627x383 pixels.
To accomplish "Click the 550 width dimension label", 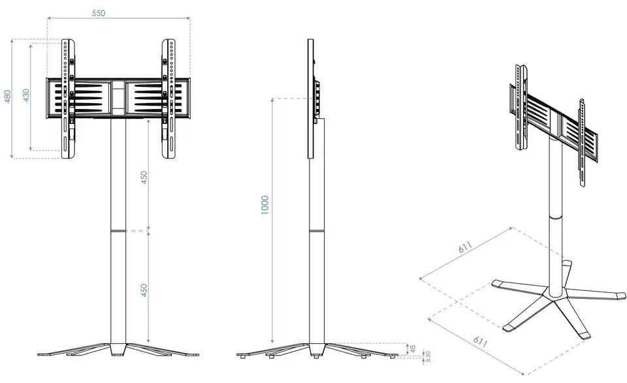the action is tap(99, 13).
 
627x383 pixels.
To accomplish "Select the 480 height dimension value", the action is tap(8, 97).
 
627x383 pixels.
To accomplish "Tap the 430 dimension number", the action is tap(26, 95).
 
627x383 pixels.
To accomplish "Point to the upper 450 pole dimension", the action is tap(144, 177).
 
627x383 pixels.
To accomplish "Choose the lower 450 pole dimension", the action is tap(144, 290).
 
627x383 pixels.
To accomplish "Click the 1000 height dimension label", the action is tap(265, 206).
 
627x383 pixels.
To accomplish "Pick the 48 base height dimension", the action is tap(413, 349).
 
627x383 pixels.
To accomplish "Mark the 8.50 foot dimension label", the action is tap(428, 357).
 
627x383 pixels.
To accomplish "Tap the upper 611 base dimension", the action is tap(466, 247).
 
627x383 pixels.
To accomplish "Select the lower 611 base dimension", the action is tap(480, 341).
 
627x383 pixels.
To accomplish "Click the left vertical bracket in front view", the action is tap(68, 99).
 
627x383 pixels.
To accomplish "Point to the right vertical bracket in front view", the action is tap(169, 99).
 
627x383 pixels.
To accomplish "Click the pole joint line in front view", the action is tap(118, 231).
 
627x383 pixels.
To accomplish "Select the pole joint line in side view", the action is tap(317, 231).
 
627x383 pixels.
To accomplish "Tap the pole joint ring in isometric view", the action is tap(555, 217).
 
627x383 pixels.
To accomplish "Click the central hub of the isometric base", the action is tap(555, 296).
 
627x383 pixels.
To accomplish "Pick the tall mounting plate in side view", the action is tap(311, 99).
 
